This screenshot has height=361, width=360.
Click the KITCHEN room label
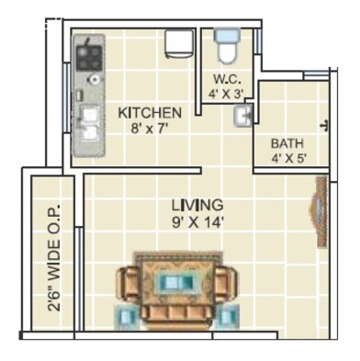150,113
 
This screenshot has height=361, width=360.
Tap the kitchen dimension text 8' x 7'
150,129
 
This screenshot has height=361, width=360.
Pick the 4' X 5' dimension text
287,159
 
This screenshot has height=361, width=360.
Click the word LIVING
197,204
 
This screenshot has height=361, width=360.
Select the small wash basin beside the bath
244,117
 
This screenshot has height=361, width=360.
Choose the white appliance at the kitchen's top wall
177,44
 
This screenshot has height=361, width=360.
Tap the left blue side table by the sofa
127,316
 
